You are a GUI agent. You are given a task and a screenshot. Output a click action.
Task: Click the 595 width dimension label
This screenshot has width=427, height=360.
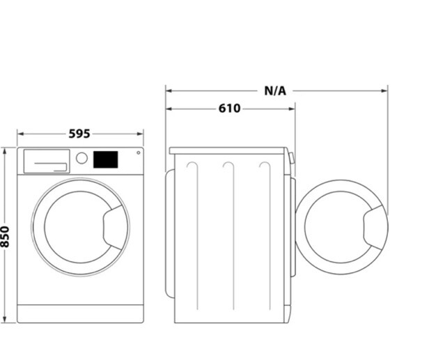pyautogui.click(x=79, y=134)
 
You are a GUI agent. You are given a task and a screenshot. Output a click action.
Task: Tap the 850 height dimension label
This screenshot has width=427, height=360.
pyautogui.click(x=6, y=235)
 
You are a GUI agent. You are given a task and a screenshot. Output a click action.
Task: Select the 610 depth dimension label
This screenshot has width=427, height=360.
pyautogui.click(x=229, y=109)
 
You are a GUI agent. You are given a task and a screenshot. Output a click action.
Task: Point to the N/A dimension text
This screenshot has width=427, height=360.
pyautogui.click(x=275, y=90)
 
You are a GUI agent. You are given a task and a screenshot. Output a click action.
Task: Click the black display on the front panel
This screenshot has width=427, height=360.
pyautogui.click(x=105, y=159)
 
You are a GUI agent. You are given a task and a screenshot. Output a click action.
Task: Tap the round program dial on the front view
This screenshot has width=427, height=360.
pyautogui.click(x=81, y=158)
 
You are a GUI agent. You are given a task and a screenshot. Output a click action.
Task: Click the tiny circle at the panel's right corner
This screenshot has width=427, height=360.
pyautogui.click(x=138, y=152)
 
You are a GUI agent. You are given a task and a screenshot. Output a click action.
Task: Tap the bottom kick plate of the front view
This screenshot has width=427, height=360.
pyautogui.click(x=80, y=314)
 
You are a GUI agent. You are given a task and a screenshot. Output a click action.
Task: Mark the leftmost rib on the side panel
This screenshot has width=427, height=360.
pyautogui.click(x=193, y=237)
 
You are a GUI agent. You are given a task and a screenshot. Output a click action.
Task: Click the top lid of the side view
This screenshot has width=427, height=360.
pyautogui.click(x=228, y=150)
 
